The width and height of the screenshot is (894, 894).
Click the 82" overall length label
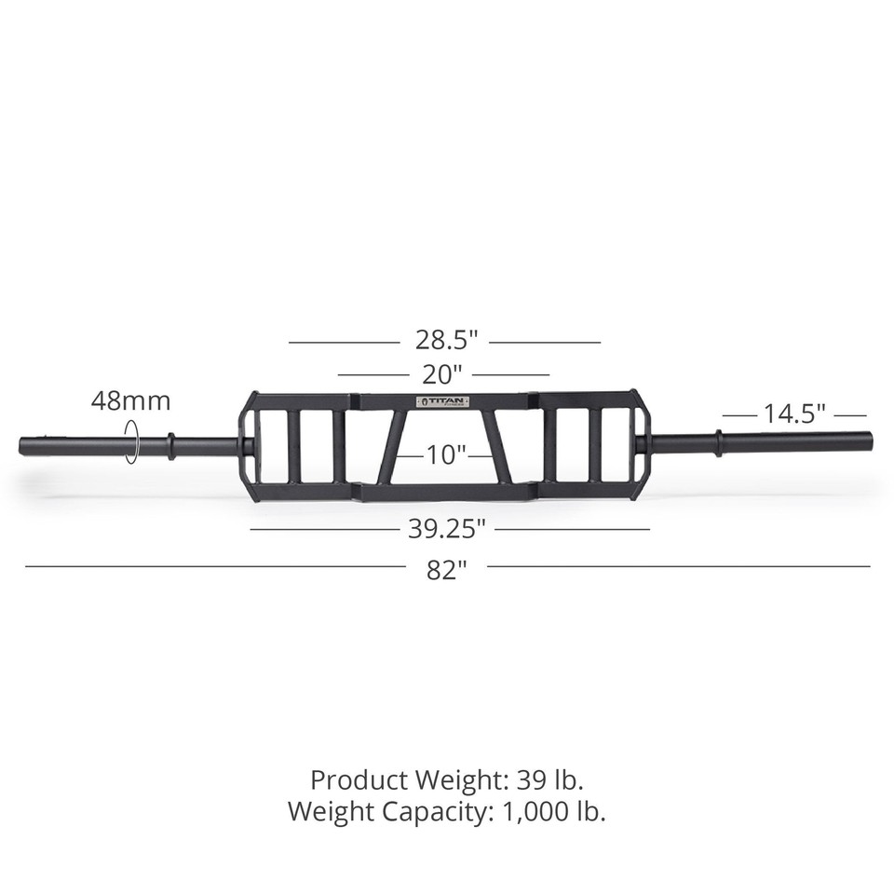(x=446, y=570)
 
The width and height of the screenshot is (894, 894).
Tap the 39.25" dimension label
(x=447, y=529)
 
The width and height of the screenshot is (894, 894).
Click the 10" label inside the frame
(x=446, y=455)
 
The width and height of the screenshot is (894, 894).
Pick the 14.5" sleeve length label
(x=794, y=414)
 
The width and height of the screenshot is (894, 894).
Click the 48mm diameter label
(x=130, y=401)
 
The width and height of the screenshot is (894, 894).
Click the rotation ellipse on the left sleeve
(x=132, y=440)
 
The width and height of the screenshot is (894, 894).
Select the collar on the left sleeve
(x=169, y=445)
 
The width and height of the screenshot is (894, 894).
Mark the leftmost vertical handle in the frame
(x=293, y=447)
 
